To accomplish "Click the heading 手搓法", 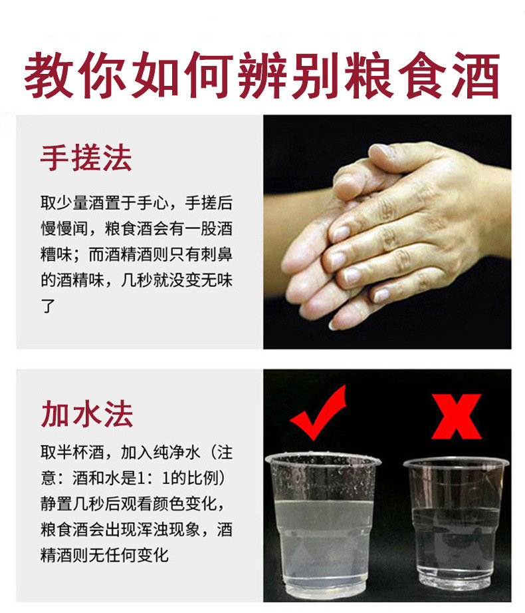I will [x=86, y=158].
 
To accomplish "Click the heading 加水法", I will [x=87, y=413].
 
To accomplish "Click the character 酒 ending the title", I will [x=474, y=75].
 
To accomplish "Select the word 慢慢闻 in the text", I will [x=64, y=228].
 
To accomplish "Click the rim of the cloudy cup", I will [x=322, y=458].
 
